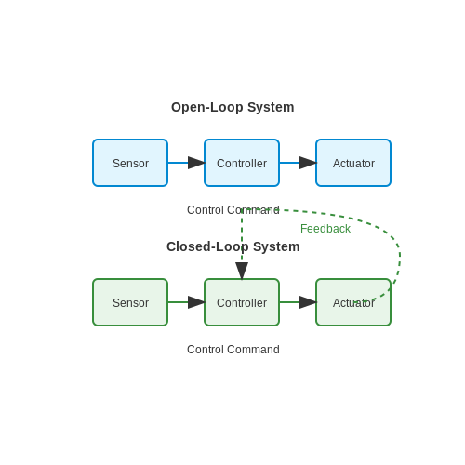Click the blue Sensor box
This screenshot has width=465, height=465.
(130, 163)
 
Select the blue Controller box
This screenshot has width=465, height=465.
(242, 163)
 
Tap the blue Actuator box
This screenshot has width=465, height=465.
(353, 163)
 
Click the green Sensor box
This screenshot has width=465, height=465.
(130, 302)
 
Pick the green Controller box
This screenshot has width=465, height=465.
(242, 302)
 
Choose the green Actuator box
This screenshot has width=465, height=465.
(353, 302)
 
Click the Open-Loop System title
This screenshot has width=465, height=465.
(232, 107)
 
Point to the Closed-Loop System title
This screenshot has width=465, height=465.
(233, 246)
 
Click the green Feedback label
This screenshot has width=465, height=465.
(325, 229)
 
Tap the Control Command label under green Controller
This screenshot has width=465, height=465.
(233, 350)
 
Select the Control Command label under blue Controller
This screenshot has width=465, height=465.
(233, 210)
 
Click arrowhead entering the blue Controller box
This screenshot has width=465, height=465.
(196, 163)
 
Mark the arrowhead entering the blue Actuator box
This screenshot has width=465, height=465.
(308, 163)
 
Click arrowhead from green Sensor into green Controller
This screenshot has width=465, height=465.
(196, 302)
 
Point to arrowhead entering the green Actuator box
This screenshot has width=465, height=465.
(308, 302)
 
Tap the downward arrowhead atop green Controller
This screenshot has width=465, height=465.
(242, 271)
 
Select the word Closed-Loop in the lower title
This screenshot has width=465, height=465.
(207, 246)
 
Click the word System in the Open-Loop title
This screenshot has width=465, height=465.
(271, 107)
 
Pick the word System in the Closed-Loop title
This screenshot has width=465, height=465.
(276, 246)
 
